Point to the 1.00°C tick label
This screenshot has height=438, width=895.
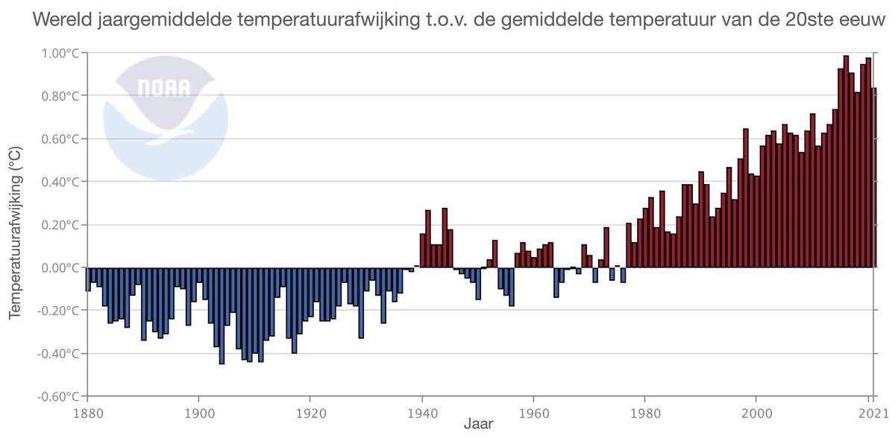(x=60, y=54)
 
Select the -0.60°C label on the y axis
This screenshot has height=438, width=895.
(x=59, y=396)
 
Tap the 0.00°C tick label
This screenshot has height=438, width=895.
(x=60, y=267)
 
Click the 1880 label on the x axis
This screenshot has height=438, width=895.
(x=87, y=410)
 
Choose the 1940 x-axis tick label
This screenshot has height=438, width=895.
(x=422, y=410)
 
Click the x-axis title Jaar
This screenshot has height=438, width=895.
(x=477, y=426)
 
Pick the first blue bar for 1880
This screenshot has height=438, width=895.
(x=88, y=279)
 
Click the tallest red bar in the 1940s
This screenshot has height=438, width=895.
(x=445, y=238)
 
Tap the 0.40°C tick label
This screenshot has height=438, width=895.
(x=60, y=182)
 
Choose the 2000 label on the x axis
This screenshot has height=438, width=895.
(x=756, y=410)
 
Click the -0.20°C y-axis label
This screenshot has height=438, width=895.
(x=59, y=311)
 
